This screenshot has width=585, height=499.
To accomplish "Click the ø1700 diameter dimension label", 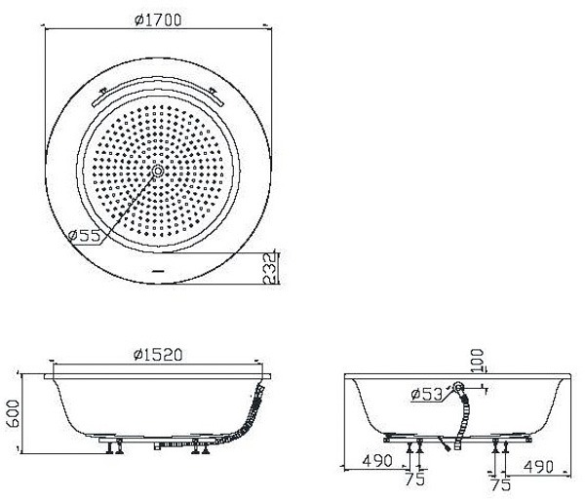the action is point(158,20).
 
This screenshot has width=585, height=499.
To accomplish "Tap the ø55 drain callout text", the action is point(85,235).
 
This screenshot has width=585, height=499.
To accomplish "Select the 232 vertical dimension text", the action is point(271,269).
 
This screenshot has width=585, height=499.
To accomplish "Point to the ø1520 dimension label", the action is point(158,355).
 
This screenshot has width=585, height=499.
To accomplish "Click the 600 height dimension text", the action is point(13,413).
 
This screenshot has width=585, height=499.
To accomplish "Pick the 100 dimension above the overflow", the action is point(477,361).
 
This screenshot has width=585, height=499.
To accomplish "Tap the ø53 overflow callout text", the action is point(426,394).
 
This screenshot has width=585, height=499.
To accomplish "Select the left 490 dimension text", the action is point(377,461).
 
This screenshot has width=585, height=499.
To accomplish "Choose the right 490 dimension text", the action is point(538,467).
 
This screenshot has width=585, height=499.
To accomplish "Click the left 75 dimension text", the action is point(415,480).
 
